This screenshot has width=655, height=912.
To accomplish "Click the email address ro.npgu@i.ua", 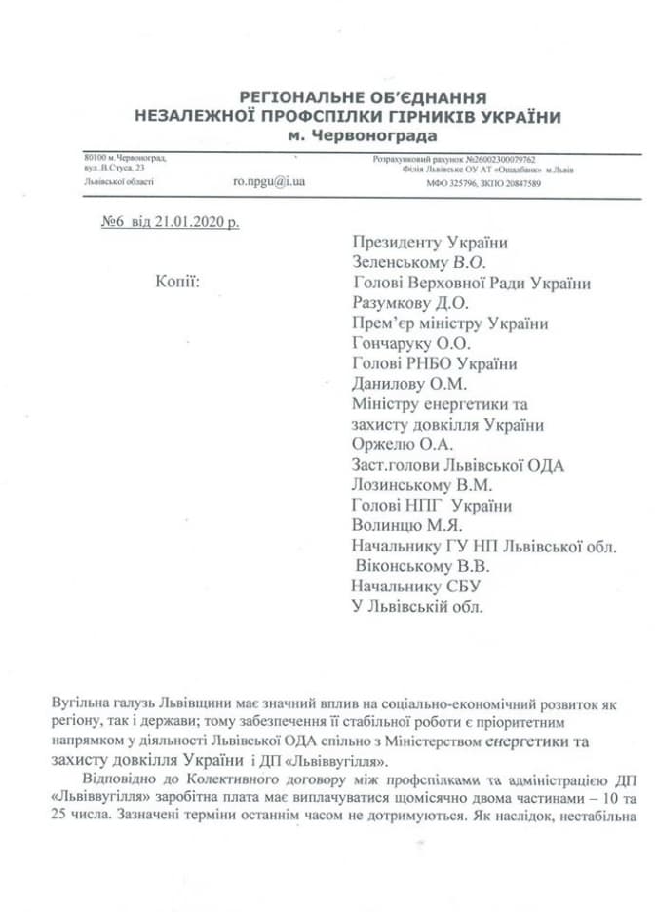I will coord(269,181).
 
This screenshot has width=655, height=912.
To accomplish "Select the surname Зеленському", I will coord(400,262).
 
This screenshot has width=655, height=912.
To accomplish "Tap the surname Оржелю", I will coord(381,445).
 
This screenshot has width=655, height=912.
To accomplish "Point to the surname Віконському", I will coord(398,567).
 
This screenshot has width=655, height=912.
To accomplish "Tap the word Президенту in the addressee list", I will coord(397,243).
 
